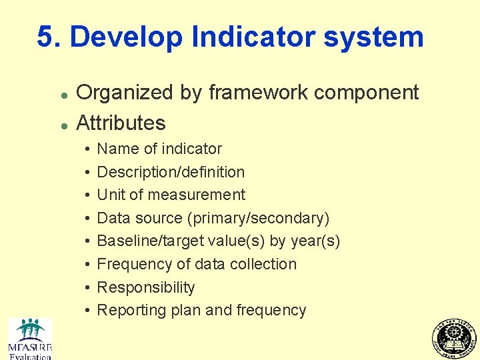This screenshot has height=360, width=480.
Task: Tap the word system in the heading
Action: (374, 37)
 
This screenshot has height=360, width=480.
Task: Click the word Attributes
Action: (121, 123)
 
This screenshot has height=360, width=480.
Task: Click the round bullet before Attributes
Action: (61, 124)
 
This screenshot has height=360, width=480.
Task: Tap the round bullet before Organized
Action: (61, 94)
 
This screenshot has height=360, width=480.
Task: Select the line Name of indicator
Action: (159, 149)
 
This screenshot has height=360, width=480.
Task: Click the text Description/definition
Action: (171, 172)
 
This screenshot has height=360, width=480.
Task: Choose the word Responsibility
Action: (146, 287)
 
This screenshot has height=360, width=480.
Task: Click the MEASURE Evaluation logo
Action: (29, 339)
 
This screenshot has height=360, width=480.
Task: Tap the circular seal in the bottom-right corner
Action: (455, 339)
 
